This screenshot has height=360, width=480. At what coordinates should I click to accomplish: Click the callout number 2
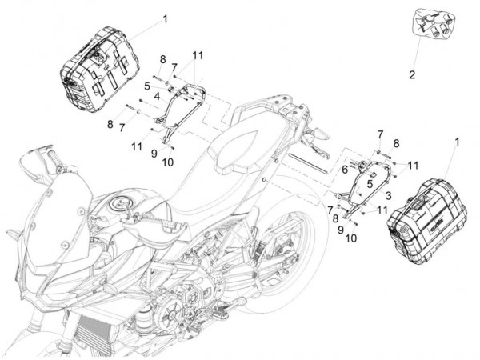click(412, 76)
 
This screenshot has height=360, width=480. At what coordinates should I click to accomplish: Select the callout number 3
click(386, 194)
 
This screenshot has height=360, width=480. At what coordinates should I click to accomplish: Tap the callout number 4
click(157, 95)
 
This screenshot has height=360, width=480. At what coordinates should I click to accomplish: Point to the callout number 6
click(345, 169)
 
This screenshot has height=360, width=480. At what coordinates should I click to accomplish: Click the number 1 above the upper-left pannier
click(165, 18)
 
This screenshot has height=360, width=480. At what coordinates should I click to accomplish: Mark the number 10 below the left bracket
click(167, 162)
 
